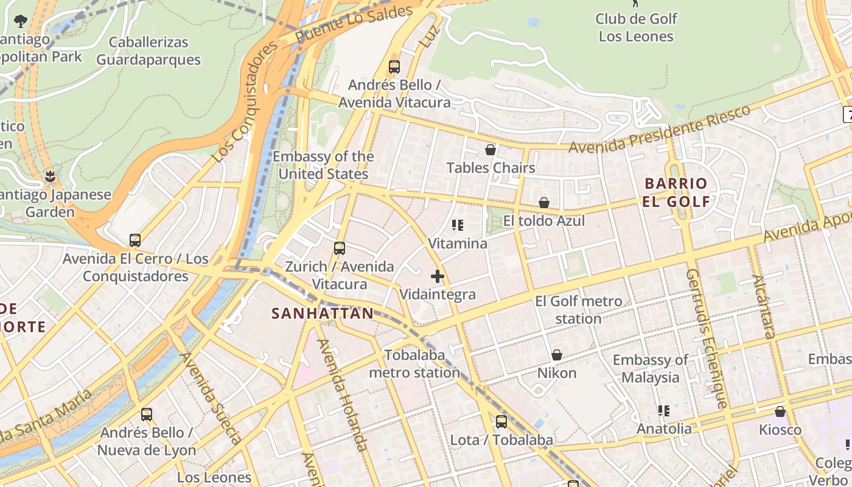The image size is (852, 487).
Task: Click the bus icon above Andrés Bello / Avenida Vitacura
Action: pyautogui.click(x=394, y=67)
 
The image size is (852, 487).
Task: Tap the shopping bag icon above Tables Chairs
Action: pyautogui.click(x=491, y=150)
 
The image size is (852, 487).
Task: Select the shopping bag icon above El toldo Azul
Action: pyautogui.click(x=543, y=203)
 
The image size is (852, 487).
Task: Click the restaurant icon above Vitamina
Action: pyautogui.click(x=458, y=226)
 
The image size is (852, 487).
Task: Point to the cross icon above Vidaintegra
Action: pyautogui.click(x=437, y=277)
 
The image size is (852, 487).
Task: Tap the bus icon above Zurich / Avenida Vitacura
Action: pyautogui.click(x=340, y=248)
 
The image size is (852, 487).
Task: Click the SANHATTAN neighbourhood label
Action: pyautogui.click(x=323, y=314)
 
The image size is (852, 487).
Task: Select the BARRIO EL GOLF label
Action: pyautogui.click(x=676, y=192)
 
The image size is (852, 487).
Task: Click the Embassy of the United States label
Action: pyautogui.click(x=323, y=165)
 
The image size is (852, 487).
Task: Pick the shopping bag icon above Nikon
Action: pyautogui.click(x=556, y=355)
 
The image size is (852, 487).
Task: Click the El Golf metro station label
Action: pyautogui.click(x=578, y=310)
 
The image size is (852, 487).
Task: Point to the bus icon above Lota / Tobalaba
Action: pyautogui.click(x=501, y=422)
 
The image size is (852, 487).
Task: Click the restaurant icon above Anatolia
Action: pyautogui.click(x=664, y=411)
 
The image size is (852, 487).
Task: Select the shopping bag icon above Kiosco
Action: pyautogui.click(x=780, y=412)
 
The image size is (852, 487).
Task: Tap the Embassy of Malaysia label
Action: pyautogui.click(x=651, y=368)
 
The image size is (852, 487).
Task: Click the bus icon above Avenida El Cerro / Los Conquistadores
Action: pyautogui.click(x=135, y=240)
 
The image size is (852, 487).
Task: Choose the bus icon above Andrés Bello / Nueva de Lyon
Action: pyautogui.click(x=146, y=415)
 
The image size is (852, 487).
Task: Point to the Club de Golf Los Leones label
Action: pyautogui.click(x=636, y=27)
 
